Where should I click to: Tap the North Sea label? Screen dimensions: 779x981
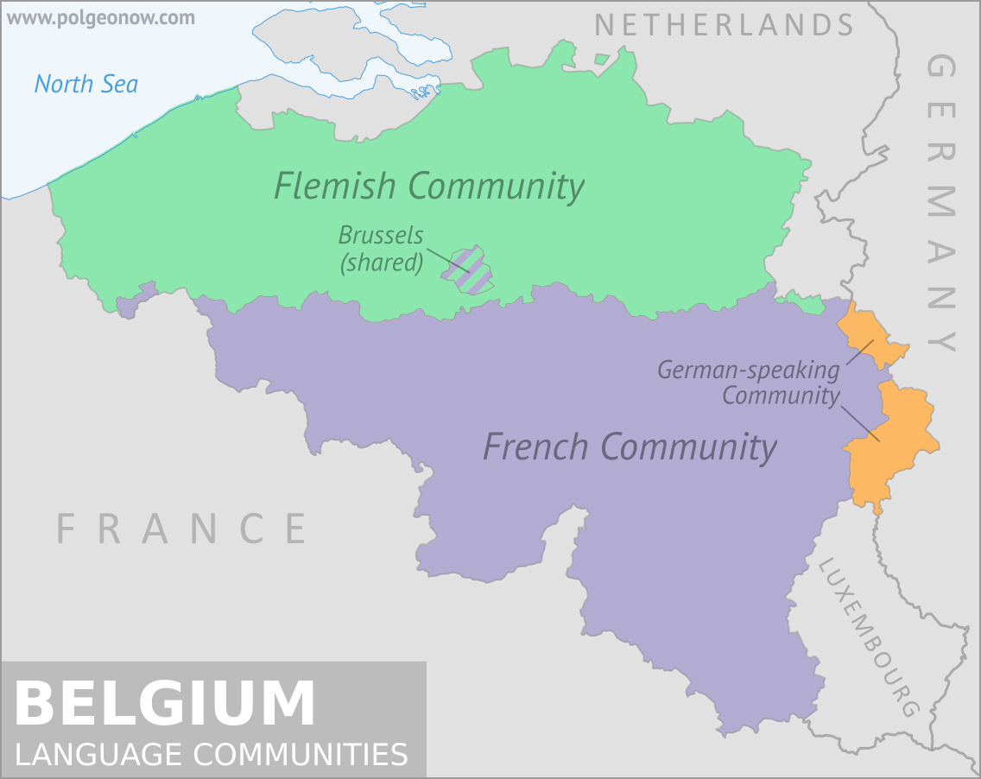point(86,85)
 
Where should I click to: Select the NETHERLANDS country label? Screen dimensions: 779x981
point(724,25)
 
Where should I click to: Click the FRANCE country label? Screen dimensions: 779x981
point(182,529)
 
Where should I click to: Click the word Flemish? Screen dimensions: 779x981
point(335,186)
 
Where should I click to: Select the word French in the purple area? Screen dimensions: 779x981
point(535,446)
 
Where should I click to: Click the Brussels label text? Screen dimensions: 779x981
point(381,235)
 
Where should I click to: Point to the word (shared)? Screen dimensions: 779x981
point(382,262)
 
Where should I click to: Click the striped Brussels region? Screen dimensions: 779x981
point(468,269)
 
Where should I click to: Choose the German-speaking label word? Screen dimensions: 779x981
point(748,370)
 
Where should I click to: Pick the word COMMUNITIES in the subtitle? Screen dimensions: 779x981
point(301,754)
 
